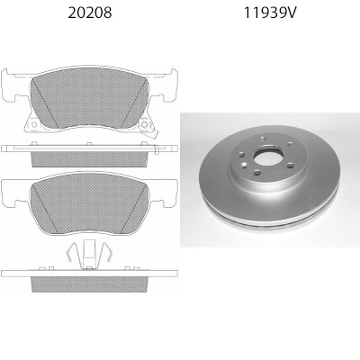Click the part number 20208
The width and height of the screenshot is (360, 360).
[90, 13]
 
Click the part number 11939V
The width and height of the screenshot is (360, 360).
[270, 13]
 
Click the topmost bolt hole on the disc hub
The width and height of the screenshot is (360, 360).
[263, 139]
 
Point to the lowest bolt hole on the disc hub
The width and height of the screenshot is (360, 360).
[256, 172]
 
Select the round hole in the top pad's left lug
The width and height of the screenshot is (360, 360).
[34, 124]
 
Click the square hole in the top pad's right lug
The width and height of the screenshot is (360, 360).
[144, 124]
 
